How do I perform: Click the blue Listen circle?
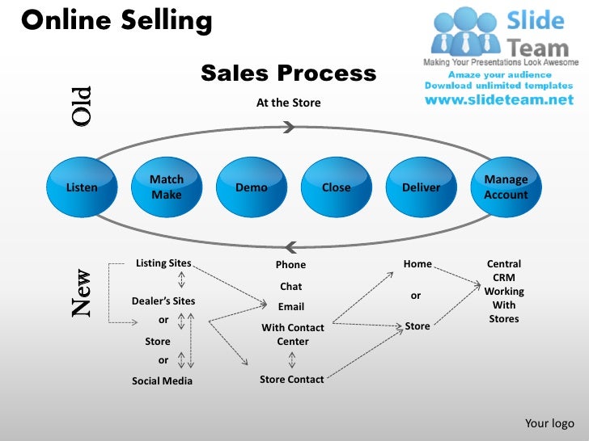pyautogui.click(x=81, y=187)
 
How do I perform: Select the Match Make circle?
pyautogui.click(x=167, y=187)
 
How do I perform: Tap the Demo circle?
pyautogui.click(x=251, y=187)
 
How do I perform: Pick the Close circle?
pyautogui.click(x=337, y=187)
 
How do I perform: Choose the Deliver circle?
pyautogui.click(x=422, y=187)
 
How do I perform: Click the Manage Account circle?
pyautogui.click(x=506, y=187)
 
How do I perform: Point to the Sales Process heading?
pyautogui.click(x=288, y=74)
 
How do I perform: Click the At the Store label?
pyautogui.click(x=288, y=103)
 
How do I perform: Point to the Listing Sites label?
pyautogui.click(x=163, y=263)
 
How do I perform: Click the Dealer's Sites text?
pyautogui.click(x=163, y=301)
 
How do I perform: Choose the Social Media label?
pyautogui.click(x=162, y=380)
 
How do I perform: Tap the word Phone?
pyautogui.click(x=290, y=265)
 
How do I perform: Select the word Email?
pyautogui.click(x=291, y=307)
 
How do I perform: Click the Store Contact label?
pyautogui.click(x=291, y=379)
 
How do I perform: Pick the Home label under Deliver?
pyautogui.click(x=417, y=263)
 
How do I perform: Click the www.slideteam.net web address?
pyautogui.click(x=498, y=100)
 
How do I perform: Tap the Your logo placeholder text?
pyautogui.click(x=549, y=423)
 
